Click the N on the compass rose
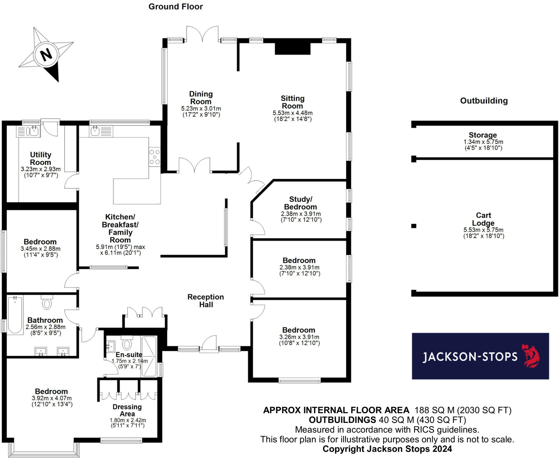click(x=46, y=54)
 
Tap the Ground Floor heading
click(x=176, y=7)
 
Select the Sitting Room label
click(x=292, y=102)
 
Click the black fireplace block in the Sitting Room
click(x=293, y=49)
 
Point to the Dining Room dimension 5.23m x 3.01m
click(x=201, y=108)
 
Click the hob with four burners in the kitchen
click(x=154, y=157)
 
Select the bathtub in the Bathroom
click(x=15, y=315)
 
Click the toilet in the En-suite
click(x=127, y=344)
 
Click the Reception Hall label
click(x=206, y=300)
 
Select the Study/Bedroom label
click(x=301, y=203)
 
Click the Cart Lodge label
click(x=483, y=219)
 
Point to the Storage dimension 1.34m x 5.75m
click(x=483, y=142)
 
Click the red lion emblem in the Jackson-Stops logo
click(x=531, y=356)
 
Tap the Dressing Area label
click(x=127, y=410)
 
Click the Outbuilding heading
click(x=484, y=101)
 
